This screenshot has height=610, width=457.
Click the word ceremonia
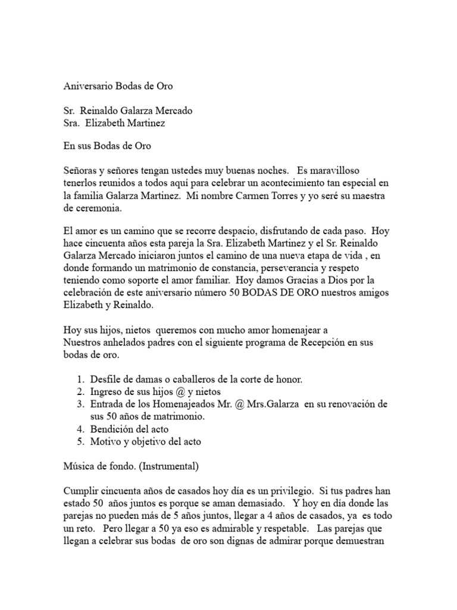click(102, 208)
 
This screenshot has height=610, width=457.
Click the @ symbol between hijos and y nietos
click(171, 391)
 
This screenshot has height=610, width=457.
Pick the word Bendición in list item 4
click(112, 429)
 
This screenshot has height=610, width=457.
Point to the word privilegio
click(287, 491)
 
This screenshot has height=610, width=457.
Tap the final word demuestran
click(356, 541)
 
